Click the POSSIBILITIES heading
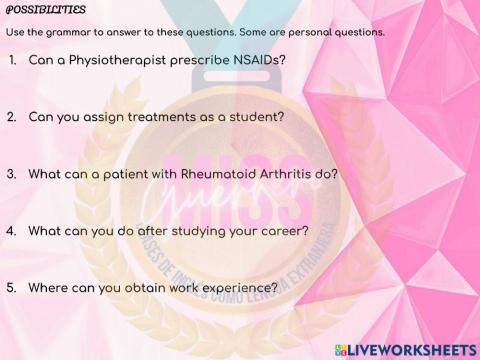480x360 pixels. coord(45,10)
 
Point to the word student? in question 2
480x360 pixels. coord(255,116)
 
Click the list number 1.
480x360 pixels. coord(11,60)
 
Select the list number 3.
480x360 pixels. coord(11,173)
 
